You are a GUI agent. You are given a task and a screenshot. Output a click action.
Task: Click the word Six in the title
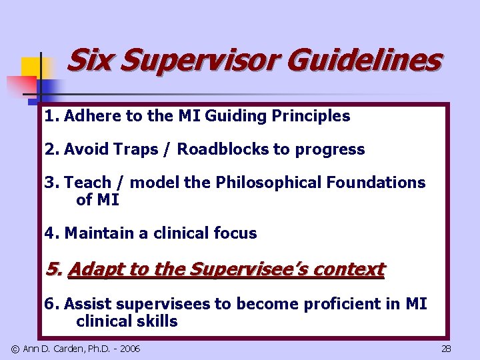tap(89, 60)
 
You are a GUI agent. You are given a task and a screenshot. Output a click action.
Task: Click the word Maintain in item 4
tap(96, 233)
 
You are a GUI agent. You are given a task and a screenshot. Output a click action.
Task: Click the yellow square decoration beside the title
tap(31, 67)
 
